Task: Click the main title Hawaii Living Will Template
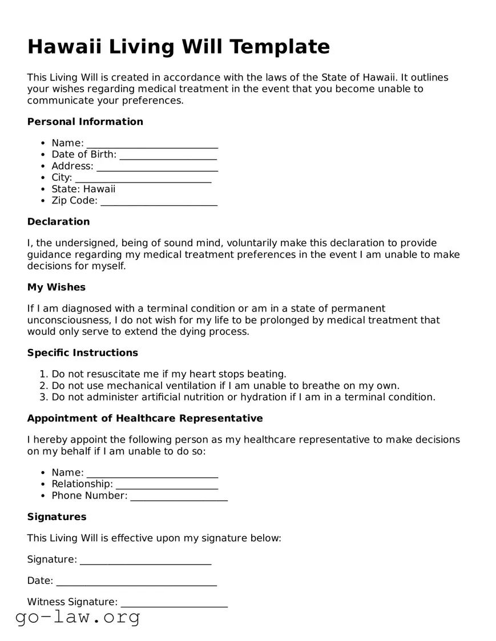tap(179, 47)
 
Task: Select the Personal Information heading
tap(85, 121)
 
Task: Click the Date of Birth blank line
tap(168, 155)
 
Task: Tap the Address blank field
tap(157, 167)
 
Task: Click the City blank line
tap(143, 178)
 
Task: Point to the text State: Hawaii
tap(83, 189)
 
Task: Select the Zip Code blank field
tap(159, 201)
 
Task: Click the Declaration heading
tap(58, 221)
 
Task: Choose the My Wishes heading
tap(56, 287)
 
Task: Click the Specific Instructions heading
tap(83, 352)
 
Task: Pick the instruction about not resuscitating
tap(169, 374)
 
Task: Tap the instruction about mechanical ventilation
tap(225, 386)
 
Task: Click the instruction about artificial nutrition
tap(243, 397)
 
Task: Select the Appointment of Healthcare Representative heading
tap(145, 418)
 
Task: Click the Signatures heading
tap(57, 517)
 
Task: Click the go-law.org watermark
tap(78, 617)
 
